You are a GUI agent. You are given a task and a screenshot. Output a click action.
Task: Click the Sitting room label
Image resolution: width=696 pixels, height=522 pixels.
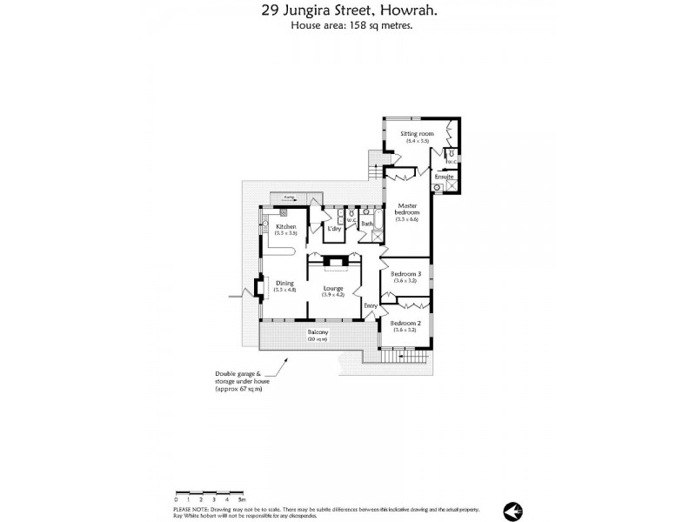(x=416, y=134)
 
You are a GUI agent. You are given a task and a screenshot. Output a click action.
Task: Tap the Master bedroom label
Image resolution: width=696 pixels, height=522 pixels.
(x=407, y=209)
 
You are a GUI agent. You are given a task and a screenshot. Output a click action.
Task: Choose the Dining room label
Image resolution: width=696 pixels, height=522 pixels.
(x=285, y=283)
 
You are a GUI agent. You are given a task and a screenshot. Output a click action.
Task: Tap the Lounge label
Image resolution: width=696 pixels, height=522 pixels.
(x=333, y=288)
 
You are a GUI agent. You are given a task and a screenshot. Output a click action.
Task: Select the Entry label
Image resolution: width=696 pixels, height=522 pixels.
(x=371, y=305)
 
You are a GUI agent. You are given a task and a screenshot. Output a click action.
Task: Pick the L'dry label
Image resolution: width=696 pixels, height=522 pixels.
(x=333, y=229)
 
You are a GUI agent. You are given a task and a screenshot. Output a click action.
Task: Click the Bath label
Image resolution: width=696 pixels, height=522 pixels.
(x=367, y=224)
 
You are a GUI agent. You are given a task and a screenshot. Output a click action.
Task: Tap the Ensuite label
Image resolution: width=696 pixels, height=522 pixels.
(x=444, y=177)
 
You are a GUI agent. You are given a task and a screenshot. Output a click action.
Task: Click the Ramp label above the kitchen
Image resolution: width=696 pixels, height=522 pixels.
(x=288, y=197)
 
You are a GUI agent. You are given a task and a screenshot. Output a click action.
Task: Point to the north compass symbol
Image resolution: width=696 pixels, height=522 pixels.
(x=511, y=509)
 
